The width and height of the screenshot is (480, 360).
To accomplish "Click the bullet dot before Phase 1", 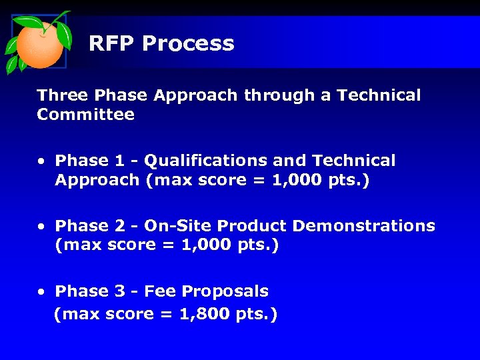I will click(41, 161).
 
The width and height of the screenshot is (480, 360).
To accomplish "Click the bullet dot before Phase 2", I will click(41, 227).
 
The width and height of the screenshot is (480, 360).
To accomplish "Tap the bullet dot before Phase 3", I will click(41, 292).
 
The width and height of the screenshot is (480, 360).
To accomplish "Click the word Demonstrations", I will click(363, 226).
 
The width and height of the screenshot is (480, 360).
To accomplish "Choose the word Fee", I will click(160, 291).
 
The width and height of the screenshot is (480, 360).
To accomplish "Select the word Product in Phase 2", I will click(253, 226).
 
